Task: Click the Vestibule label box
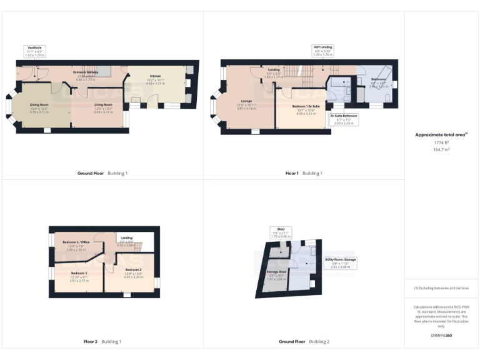click(35, 51)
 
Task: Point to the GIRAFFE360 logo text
click(441, 336)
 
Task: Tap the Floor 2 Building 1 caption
click(102, 342)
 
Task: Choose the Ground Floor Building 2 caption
click(304, 342)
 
